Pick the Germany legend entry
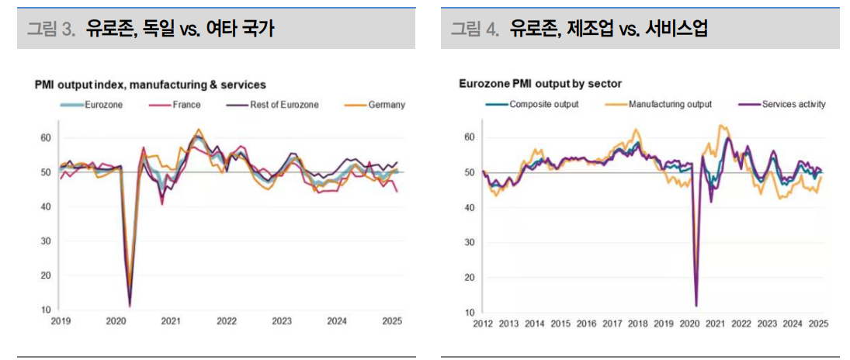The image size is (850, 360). pyautogui.click(x=387, y=105)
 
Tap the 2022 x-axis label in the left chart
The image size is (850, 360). pyautogui.click(x=227, y=321)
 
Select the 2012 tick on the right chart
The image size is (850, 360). pyautogui.click(x=484, y=324)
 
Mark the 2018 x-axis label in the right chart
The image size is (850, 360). pyautogui.click(x=637, y=324)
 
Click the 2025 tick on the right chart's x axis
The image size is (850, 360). pyautogui.click(x=818, y=324)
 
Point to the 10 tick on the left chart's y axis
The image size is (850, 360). pyautogui.click(x=46, y=310)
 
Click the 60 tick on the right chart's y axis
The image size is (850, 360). pyautogui.click(x=470, y=137)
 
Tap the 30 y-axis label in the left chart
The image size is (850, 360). pyautogui.click(x=46, y=241)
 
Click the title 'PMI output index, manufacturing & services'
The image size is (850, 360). pyautogui.click(x=150, y=84)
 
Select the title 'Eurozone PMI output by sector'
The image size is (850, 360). pyautogui.click(x=540, y=84)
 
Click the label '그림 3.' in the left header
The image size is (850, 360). pyautogui.click(x=52, y=29)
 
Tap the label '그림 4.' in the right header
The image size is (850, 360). pyautogui.click(x=475, y=29)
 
